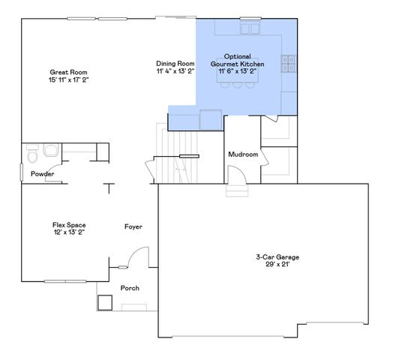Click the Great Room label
tap(64, 71)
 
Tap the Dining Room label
tap(175, 64)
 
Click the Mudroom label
tap(243, 154)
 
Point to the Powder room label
tap(42, 174)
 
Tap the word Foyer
tap(133, 226)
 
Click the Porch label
tap(129, 289)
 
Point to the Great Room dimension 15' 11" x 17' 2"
tap(64, 79)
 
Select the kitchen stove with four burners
tap(289, 64)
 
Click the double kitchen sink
tap(247, 28)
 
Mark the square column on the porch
tap(104, 302)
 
